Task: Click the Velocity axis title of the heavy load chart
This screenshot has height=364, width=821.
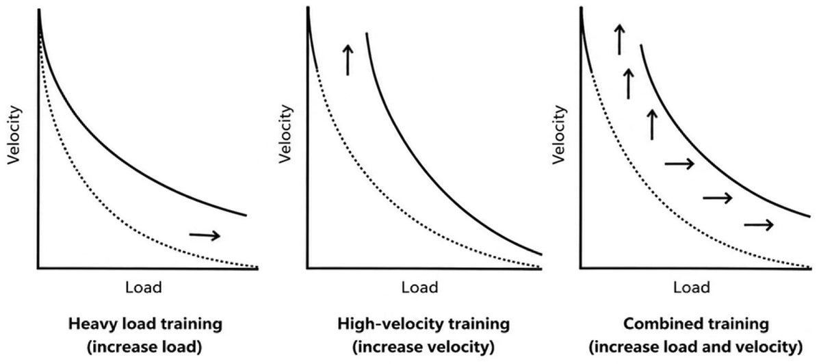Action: (14, 135)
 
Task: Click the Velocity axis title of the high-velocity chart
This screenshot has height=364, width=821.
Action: (285, 134)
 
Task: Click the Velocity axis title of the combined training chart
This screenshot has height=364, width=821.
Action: (558, 135)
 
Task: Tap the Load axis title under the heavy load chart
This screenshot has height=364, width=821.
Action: (143, 287)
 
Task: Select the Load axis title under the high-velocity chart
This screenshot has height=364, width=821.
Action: (419, 287)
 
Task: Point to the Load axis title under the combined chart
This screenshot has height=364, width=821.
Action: (691, 287)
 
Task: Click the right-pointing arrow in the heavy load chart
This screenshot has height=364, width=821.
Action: (205, 235)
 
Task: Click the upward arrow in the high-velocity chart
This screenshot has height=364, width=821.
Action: (348, 60)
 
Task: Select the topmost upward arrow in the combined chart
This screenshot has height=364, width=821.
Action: (619, 40)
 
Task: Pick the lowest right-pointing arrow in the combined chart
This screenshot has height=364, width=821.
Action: (759, 224)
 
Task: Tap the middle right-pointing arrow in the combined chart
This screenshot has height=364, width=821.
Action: (717, 198)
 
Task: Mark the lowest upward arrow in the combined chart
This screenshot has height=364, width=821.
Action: (652, 125)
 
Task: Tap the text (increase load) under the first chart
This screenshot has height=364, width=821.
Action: (144, 347)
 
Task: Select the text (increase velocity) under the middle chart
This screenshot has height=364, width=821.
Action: (423, 347)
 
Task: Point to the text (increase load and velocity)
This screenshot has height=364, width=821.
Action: (696, 347)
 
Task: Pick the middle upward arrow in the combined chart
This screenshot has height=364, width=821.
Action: (629, 83)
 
